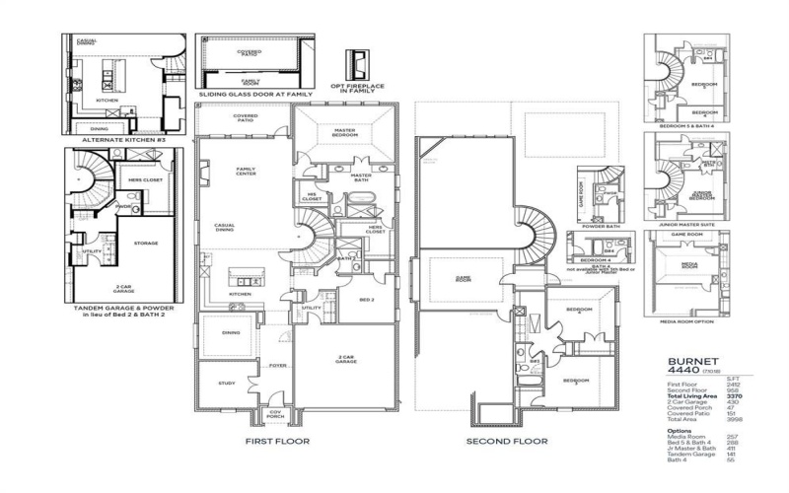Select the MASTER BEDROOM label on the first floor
(345, 133)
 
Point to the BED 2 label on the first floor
(365, 299)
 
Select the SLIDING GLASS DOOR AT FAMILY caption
(255, 94)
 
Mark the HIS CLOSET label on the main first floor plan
(312, 197)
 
